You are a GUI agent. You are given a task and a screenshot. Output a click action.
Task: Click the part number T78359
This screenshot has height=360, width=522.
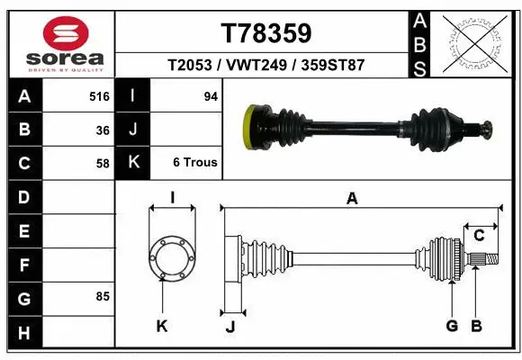[x=266, y=33]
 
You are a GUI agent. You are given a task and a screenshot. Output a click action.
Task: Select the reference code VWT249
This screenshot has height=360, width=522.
[x=266, y=66]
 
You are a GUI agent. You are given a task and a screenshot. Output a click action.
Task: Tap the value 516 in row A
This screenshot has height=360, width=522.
[x=99, y=95]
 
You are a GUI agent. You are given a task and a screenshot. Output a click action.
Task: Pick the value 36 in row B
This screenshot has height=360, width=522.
[x=103, y=130]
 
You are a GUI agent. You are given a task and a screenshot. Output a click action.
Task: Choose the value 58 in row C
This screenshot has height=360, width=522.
[x=103, y=164]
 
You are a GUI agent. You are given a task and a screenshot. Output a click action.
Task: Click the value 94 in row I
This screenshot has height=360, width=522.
[x=211, y=95]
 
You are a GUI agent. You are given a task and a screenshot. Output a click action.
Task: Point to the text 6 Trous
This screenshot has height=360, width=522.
[x=195, y=164]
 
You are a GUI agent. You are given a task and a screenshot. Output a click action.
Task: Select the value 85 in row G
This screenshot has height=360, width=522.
[x=103, y=295]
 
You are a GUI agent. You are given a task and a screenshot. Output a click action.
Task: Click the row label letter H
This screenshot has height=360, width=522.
[x=24, y=334]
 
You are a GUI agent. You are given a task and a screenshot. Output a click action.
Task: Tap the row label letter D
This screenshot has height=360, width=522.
[x=24, y=196]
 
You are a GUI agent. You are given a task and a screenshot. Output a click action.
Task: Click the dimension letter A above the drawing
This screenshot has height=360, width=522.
[x=352, y=199]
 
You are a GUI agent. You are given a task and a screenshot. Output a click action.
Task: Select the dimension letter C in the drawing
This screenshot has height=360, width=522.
[x=479, y=236]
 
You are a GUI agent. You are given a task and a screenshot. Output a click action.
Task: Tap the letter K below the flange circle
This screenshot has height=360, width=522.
[x=162, y=327]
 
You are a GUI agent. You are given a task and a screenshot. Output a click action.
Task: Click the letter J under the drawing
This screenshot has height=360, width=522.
[x=229, y=327]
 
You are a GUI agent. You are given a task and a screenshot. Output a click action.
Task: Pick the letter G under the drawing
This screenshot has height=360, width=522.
[x=451, y=326]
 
